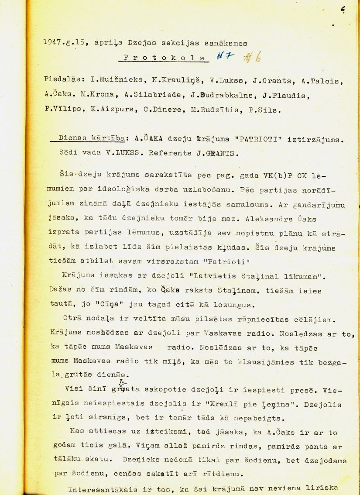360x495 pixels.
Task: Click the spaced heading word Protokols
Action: (x=162, y=58)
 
